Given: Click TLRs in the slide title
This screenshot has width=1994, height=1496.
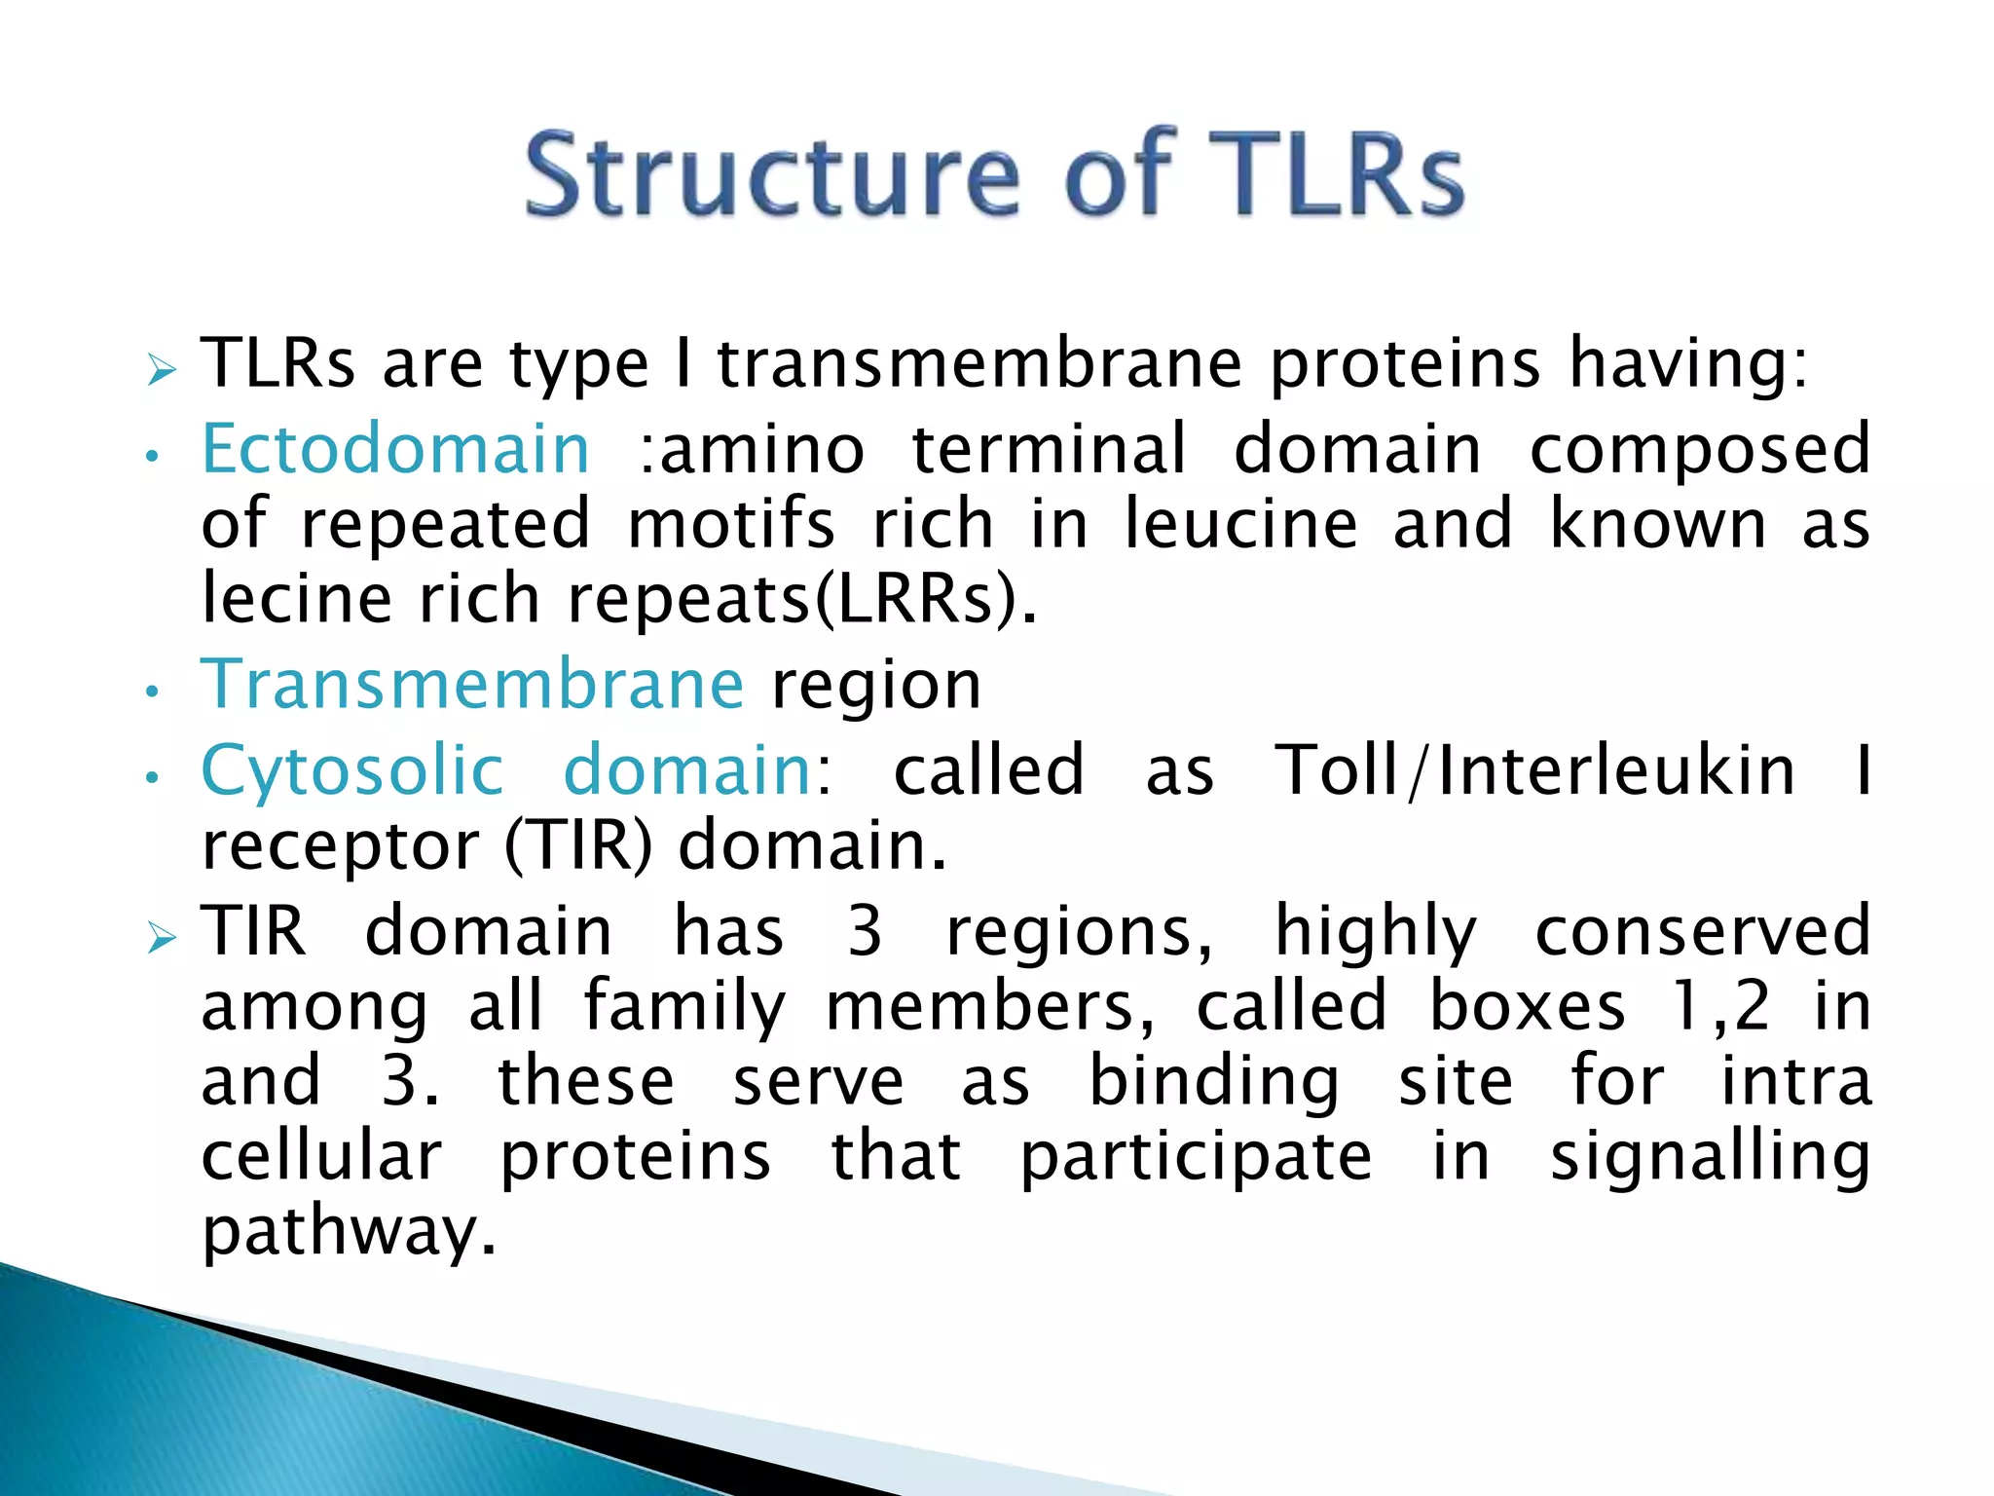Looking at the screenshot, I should (1335, 175).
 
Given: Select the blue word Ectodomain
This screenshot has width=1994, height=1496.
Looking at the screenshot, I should (395, 449).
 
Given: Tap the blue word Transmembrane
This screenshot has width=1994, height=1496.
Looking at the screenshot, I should (472, 684).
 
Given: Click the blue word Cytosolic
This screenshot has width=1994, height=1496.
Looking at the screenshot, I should (351, 770).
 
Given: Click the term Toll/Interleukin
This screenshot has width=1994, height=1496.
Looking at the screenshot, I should (1534, 770).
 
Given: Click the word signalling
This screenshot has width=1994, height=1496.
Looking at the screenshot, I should (1710, 1156).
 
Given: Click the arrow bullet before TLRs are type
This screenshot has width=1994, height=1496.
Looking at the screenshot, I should (161, 370).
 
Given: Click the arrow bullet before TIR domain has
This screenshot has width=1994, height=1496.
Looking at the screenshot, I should (161, 938).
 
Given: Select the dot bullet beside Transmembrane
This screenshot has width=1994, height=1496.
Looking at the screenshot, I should (151, 692).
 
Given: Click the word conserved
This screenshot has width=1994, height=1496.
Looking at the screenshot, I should (1702, 931).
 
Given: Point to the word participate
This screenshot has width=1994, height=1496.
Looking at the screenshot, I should (1196, 1156).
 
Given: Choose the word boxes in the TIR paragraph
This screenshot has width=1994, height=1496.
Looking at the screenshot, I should (1527, 1006).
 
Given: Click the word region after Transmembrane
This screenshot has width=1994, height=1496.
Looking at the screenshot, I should (876, 686).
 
